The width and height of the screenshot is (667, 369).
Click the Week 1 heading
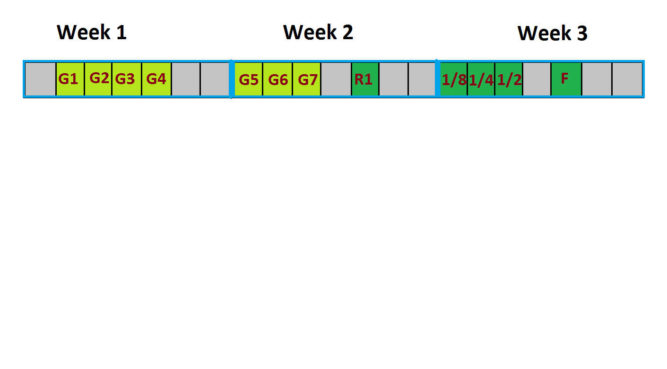(92, 32)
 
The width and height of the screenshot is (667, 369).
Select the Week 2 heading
(318, 32)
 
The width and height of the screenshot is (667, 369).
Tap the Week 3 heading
(553, 33)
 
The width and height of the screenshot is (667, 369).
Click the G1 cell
(70, 79)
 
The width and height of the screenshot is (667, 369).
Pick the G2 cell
(98, 79)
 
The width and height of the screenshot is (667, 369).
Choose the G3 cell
(127, 79)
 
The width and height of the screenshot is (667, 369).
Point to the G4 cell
(156, 79)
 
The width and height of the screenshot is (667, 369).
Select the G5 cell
(248, 79)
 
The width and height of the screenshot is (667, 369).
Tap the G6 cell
(277, 79)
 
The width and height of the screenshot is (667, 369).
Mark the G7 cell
(307, 79)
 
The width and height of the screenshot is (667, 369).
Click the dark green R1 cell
(365, 79)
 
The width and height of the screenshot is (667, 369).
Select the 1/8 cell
(453, 79)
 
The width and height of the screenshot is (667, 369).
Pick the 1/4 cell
(481, 79)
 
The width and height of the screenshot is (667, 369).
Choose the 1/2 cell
(509, 79)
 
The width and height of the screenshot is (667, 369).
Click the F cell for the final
(566, 79)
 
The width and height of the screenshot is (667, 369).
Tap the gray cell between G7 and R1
(336, 79)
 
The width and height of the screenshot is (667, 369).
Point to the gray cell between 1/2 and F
(537, 79)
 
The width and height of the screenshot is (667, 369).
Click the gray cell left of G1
(41, 79)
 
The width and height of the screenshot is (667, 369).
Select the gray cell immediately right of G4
(186, 79)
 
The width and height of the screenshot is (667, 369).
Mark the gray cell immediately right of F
(597, 79)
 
